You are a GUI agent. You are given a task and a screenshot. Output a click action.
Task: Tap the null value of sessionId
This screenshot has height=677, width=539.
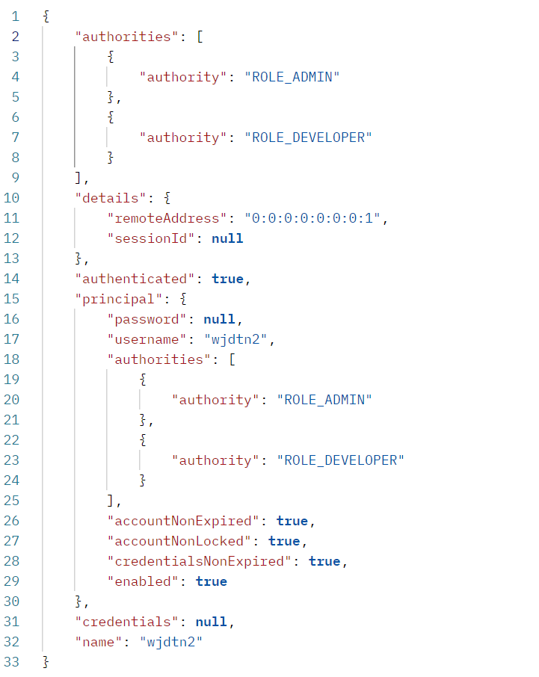[227, 238]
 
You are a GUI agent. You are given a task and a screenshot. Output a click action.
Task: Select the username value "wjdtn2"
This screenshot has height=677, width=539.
[236, 339]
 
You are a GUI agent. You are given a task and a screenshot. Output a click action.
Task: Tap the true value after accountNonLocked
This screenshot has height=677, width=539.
[284, 541]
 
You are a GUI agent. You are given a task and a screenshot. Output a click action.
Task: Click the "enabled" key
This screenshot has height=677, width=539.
[144, 581]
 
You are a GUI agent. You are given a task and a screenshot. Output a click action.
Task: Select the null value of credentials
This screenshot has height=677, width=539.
[212, 622]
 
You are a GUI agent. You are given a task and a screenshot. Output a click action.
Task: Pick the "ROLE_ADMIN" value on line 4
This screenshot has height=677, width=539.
[292, 77]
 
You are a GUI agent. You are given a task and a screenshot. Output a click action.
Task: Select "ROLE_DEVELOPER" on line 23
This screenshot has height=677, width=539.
[340, 460]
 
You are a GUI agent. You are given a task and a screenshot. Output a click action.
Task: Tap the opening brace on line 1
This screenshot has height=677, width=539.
[46, 16]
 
